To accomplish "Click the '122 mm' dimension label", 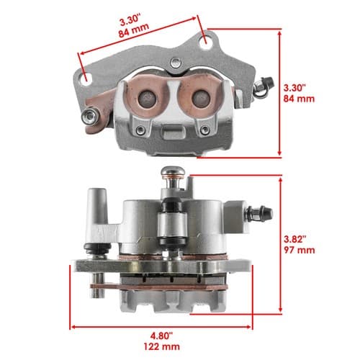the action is point(161,346).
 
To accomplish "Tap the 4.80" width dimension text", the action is point(162,336).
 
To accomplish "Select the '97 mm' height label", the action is point(300,250).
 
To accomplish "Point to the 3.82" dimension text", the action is point(295,239).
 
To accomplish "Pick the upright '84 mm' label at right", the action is point(299,99).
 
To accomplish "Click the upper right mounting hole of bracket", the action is point(206,42).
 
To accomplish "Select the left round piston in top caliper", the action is point(147,99).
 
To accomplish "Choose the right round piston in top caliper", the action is point(202,99).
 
